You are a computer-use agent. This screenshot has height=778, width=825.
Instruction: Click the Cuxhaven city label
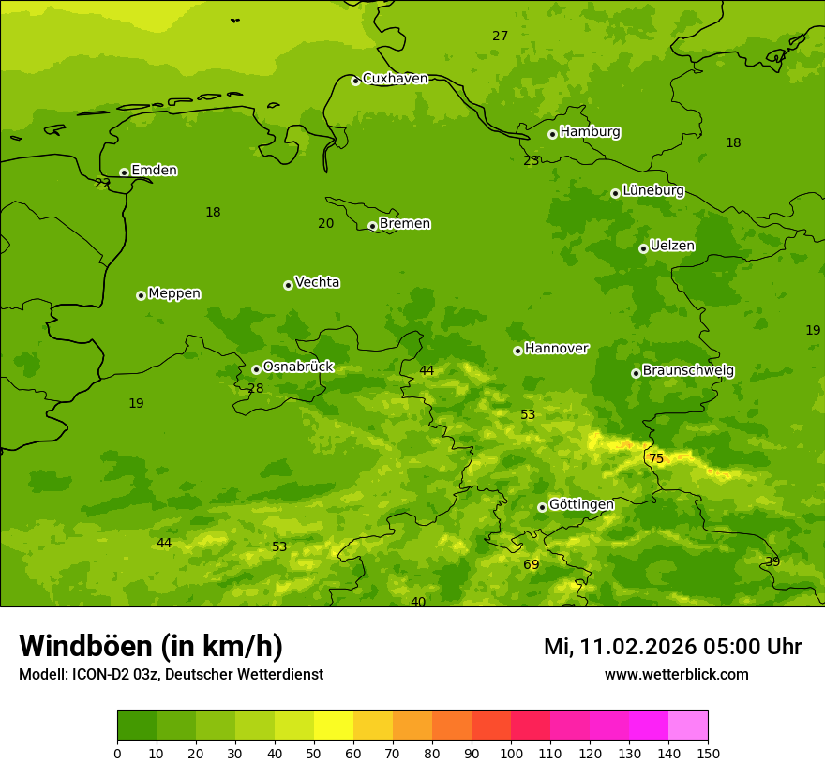point(395,79)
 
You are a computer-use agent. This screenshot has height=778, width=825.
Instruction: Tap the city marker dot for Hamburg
point(552,134)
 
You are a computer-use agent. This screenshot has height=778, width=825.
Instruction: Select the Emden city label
point(154,171)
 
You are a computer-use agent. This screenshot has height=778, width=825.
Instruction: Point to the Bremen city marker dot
point(372,226)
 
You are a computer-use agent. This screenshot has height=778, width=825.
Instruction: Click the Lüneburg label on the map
point(652,190)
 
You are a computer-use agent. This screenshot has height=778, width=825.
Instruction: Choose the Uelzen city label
point(672,246)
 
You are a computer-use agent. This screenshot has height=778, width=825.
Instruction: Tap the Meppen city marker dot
point(141,295)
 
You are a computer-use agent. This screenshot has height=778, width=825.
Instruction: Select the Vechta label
point(317,282)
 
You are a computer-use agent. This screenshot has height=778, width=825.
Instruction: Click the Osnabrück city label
point(298,367)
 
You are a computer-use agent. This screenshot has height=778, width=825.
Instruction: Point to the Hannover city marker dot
point(517,351)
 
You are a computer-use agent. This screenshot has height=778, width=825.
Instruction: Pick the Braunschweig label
point(688,370)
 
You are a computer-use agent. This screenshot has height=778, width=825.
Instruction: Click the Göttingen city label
point(581,504)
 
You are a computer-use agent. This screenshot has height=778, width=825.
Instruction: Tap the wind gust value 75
point(656,458)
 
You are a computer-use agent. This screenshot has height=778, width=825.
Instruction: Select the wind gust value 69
point(532,564)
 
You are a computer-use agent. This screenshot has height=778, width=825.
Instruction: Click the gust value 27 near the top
point(501,36)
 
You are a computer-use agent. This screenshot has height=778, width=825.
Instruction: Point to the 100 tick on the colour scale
point(511,753)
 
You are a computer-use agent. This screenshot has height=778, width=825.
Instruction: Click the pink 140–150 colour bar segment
point(688,726)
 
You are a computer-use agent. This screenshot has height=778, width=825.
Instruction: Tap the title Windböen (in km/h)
point(151,646)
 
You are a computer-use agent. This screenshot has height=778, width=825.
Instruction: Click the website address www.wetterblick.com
point(677,674)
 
